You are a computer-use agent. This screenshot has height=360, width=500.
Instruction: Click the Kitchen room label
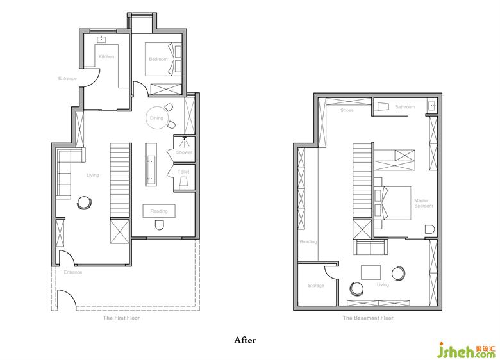pyautogui.click(x=106, y=57)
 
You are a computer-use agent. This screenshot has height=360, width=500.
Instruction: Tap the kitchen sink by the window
pyautogui.click(x=102, y=39)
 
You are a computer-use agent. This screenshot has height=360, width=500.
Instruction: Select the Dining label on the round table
pyautogui.click(x=156, y=118)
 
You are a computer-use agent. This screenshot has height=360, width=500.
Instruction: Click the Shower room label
pyautogui.click(x=185, y=152)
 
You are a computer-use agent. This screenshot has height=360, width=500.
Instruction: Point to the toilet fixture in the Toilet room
pyautogui.click(x=184, y=183)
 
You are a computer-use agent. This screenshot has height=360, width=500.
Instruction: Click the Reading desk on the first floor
pyautogui.click(x=159, y=211)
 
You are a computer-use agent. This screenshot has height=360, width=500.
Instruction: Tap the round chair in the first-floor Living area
pyautogui.click(x=85, y=202)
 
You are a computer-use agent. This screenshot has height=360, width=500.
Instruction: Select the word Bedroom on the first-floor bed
pyautogui.click(x=158, y=60)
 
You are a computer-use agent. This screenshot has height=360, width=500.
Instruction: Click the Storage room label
pyautogui.click(x=316, y=286)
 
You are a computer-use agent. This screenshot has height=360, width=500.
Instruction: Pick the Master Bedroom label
pyautogui.click(x=424, y=203)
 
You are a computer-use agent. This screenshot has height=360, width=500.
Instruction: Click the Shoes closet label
pyautogui.click(x=347, y=110)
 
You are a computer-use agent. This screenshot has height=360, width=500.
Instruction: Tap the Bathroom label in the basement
pyautogui.click(x=405, y=107)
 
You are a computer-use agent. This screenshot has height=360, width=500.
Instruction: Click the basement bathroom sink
pyautogui.click(x=433, y=106)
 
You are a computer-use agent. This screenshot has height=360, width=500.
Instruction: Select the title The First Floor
pyautogui.click(x=122, y=318)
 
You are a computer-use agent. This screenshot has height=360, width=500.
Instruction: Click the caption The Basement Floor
pyautogui.click(x=368, y=318)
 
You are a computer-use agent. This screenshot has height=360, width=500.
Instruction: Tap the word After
pyautogui.click(x=245, y=340)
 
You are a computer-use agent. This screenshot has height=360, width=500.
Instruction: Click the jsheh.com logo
pyautogui.click(x=467, y=351)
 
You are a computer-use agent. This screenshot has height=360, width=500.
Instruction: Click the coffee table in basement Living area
pyautogui.click(x=371, y=272)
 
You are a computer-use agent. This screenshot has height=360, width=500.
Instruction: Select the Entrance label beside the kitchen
pyautogui.click(x=67, y=78)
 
